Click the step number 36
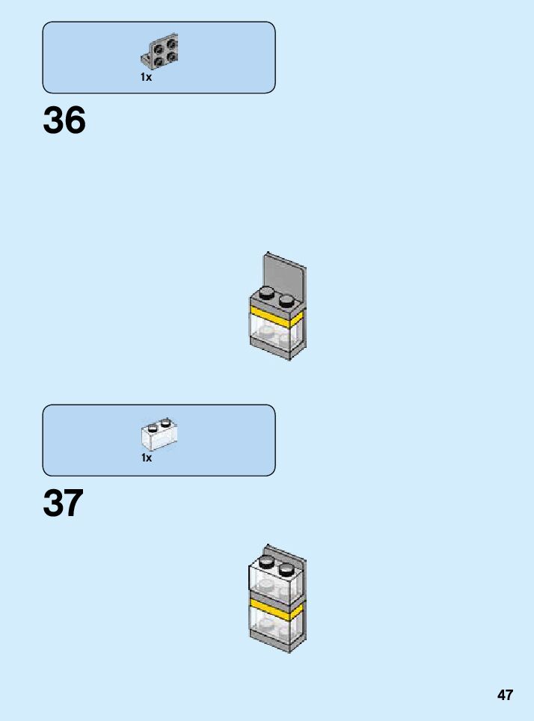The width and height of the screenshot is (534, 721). [x=64, y=120]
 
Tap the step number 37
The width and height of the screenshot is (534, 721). [x=64, y=504]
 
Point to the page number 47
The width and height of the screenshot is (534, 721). [x=505, y=695]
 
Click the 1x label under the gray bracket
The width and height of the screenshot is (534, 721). [x=146, y=77]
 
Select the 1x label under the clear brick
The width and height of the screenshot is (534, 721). [x=147, y=458]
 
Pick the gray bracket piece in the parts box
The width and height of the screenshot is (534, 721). [x=160, y=51]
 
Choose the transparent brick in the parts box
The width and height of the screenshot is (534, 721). [x=159, y=434]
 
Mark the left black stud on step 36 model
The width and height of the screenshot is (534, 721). [x=267, y=292]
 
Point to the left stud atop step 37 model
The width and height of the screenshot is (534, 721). [x=267, y=562]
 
